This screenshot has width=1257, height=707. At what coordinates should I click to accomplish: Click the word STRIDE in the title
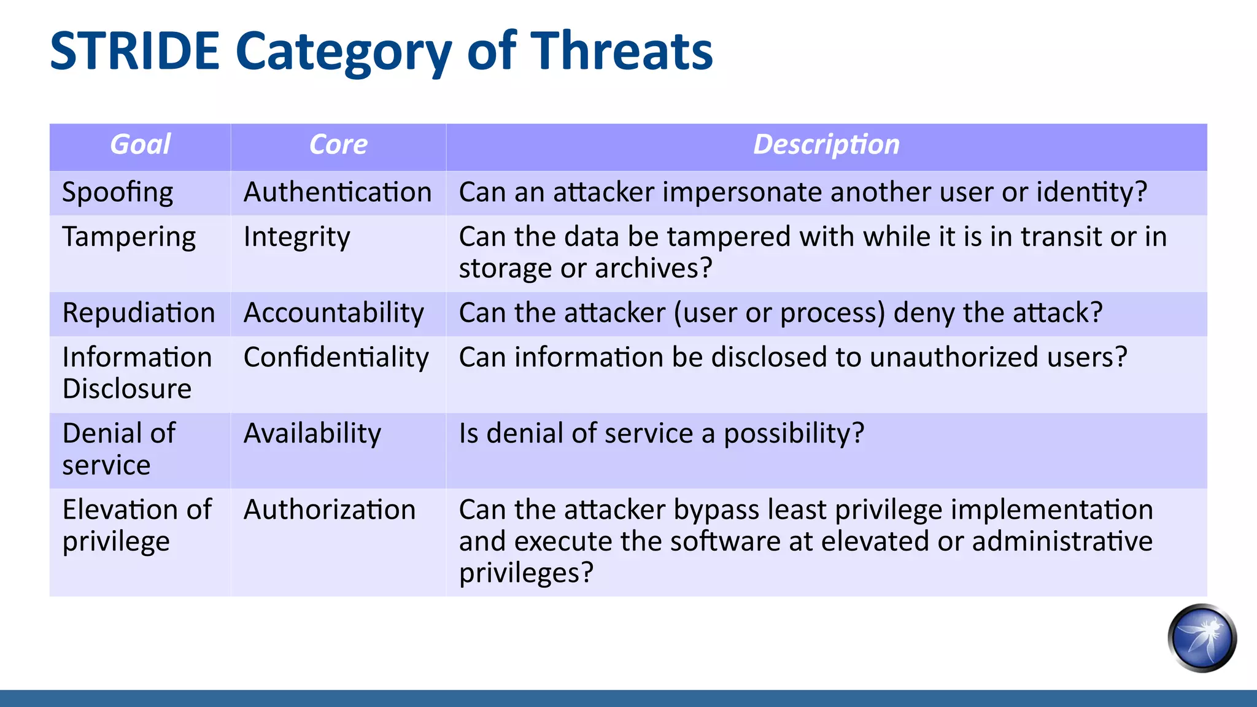[x=134, y=52]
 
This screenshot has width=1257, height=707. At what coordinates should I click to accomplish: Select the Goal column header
[x=140, y=145]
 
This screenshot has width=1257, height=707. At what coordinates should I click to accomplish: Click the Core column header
[x=338, y=145]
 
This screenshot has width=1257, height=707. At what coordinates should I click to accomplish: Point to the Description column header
[x=826, y=145]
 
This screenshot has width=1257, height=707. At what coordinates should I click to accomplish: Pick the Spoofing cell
[x=118, y=193]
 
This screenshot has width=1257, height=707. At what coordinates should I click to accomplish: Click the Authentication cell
[x=338, y=193]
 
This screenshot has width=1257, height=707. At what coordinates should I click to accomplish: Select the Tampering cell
[x=129, y=238]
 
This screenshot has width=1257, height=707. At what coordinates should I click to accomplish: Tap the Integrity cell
[x=296, y=238]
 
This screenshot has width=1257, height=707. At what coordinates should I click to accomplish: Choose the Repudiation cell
[x=139, y=313]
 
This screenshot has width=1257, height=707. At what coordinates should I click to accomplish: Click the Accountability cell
[x=333, y=313]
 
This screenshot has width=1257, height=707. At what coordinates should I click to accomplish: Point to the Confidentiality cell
[x=336, y=358]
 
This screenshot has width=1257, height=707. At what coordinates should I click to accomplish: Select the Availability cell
[x=312, y=434]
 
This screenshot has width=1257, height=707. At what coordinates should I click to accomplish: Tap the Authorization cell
[x=330, y=510]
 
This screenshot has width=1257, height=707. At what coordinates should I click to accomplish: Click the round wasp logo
[x=1202, y=638]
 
